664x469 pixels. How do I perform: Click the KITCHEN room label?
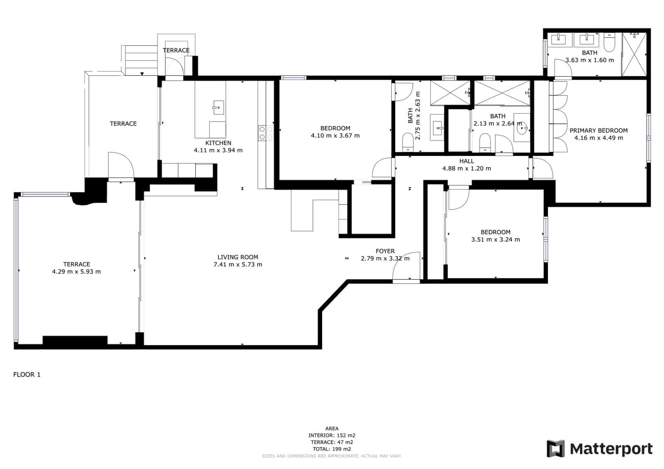tap(218, 143)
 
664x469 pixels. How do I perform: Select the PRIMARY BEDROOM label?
tap(598, 131)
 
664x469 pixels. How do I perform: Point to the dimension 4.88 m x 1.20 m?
tap(466, 169)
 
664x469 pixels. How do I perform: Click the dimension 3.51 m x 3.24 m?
tap(496, 240)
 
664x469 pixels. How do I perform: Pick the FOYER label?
tap(385, 251)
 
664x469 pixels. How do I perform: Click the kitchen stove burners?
tap(266, 133)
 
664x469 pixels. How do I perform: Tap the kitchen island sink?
tap(218, 107)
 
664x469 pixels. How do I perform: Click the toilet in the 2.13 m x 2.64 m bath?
tap(485, 142)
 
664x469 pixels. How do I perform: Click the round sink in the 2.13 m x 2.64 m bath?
tap(522, 129)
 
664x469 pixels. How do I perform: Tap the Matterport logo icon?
tap(555, 449)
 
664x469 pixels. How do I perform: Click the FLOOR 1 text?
tap(27, 375)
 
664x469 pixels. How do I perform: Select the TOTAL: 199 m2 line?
tap(332, 449)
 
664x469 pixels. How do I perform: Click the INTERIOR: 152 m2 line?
tap(332, 435)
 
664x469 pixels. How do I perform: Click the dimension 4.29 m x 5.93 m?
tap(76, 272)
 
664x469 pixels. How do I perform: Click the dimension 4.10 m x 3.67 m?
tap(335, 136)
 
